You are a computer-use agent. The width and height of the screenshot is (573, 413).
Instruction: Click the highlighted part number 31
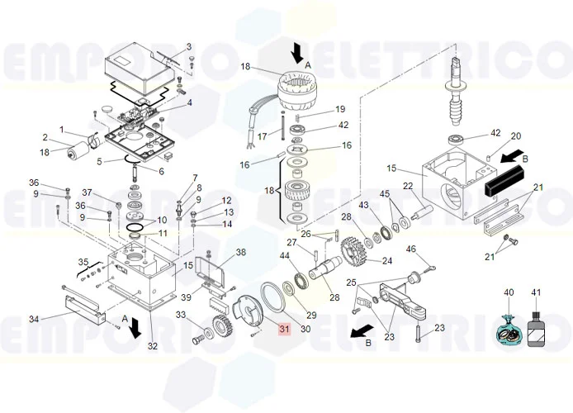tap(284, 330)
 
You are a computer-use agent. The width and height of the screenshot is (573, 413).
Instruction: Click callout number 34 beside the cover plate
tap(34, 319)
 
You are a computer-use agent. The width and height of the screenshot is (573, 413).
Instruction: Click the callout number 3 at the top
tap(188, 46)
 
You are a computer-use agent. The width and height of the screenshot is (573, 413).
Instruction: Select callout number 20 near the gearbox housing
tap(515, 136)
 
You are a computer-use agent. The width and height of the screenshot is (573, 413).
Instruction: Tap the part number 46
tap(410, 249)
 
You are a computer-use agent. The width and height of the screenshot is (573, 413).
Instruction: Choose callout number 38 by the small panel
tap(240, 253)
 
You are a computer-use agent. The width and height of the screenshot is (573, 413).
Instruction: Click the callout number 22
tap(407, 186)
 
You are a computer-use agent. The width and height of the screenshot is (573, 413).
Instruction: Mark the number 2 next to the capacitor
tap(45, 137)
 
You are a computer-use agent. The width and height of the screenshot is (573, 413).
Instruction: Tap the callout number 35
tap(83, 263)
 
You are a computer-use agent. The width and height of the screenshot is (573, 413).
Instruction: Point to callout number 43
tap(363, 204)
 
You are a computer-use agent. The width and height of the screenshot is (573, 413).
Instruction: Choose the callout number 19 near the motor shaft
tap(339, 110)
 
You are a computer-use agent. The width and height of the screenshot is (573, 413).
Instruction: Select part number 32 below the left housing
tap(152, 346)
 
